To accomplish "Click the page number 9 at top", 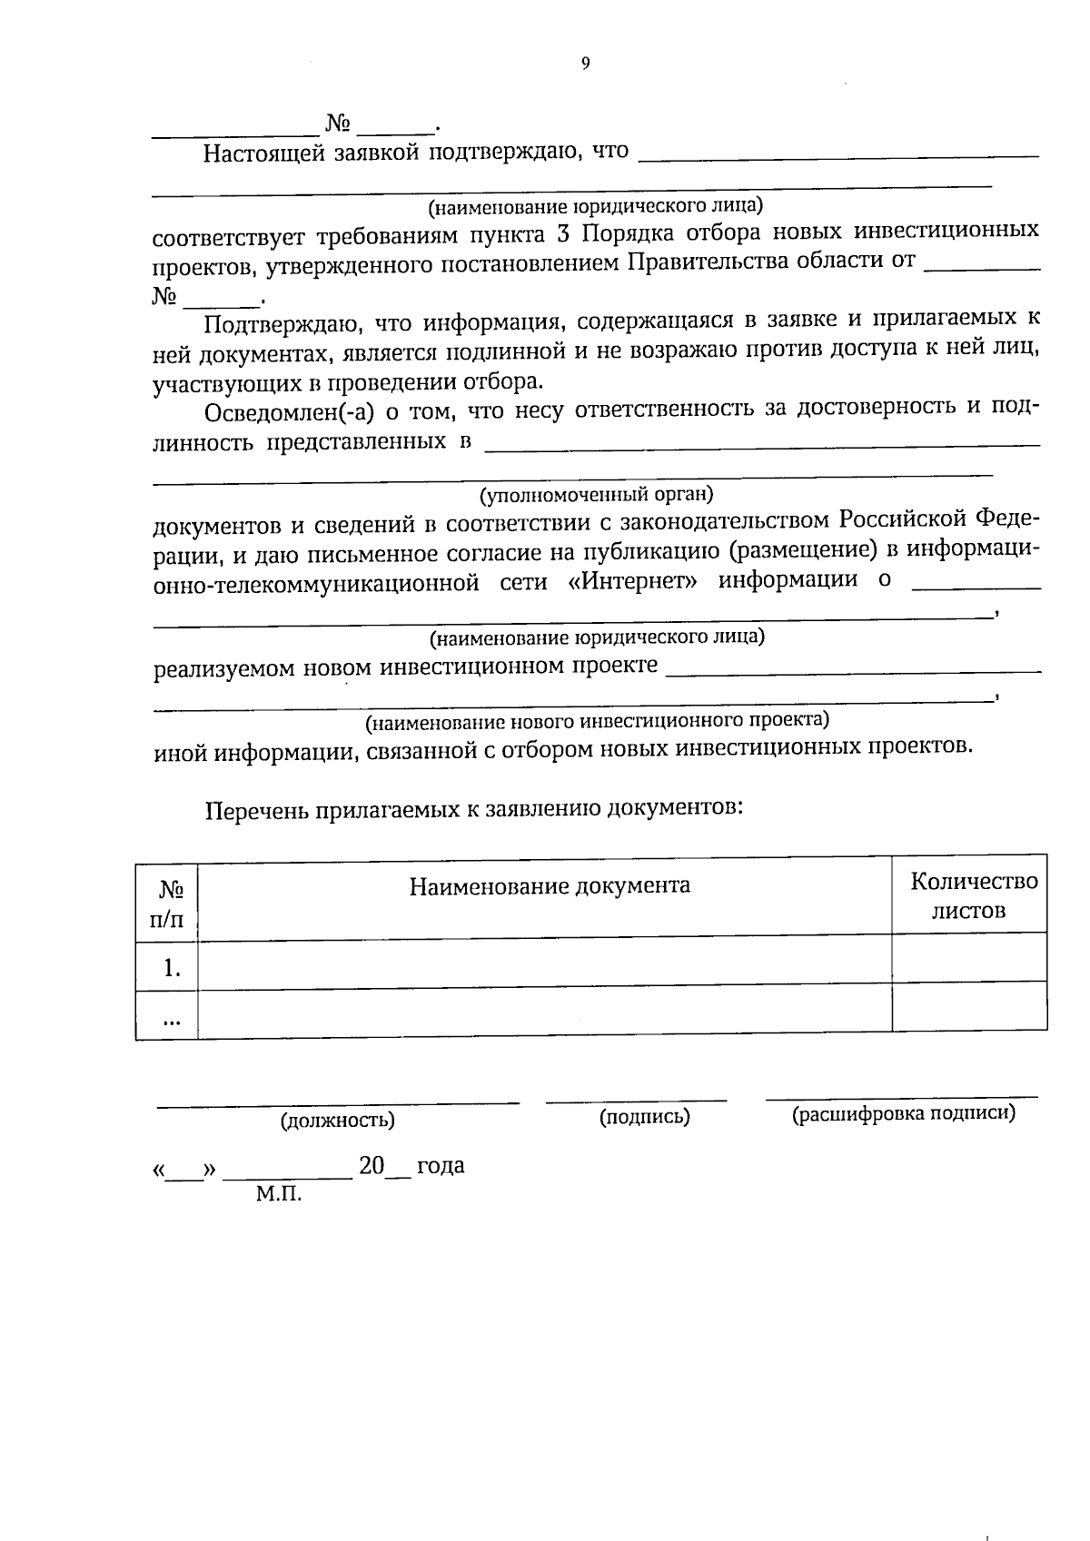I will pos(585,63).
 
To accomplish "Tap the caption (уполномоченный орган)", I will pos(596,495).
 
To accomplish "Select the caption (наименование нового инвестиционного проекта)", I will pos(597,721).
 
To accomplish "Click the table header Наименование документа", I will pos(549,885).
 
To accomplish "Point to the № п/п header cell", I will pos(166,904).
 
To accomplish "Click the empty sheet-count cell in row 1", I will pos(968,959).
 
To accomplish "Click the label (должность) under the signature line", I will pos(338,1120).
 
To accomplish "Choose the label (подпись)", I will pos(644,1117).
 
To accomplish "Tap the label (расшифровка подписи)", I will pos(903,1113).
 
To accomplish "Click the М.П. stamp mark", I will pos(278,1194).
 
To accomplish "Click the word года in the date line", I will pos(441,1165).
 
